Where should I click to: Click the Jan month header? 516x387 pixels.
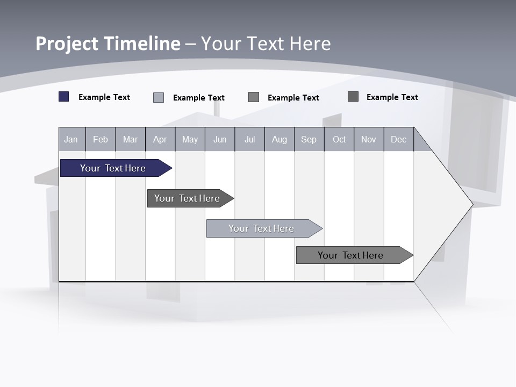(x=71, y=140)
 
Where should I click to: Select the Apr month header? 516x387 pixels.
(x=160, y=140)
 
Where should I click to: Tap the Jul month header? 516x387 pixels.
(x=249, y=140)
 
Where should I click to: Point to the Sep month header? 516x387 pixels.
(x=309, y=140)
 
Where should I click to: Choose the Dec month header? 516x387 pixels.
(x=398, y=140)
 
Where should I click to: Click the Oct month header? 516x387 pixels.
(x=339, y=140)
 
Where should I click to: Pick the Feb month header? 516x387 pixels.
(x=101, y=140)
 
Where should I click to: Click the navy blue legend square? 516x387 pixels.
(x=64, y=97)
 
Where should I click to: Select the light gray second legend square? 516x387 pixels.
(x=159, y=97)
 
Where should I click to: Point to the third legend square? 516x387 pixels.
(x=254, y=97)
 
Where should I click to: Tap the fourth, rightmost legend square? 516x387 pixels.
(x=353, y=96)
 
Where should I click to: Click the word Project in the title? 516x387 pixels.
(x=67, y=44)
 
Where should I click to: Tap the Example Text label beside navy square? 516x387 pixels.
(x=104, y=97)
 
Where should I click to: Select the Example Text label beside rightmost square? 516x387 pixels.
(x=392, y=97)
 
